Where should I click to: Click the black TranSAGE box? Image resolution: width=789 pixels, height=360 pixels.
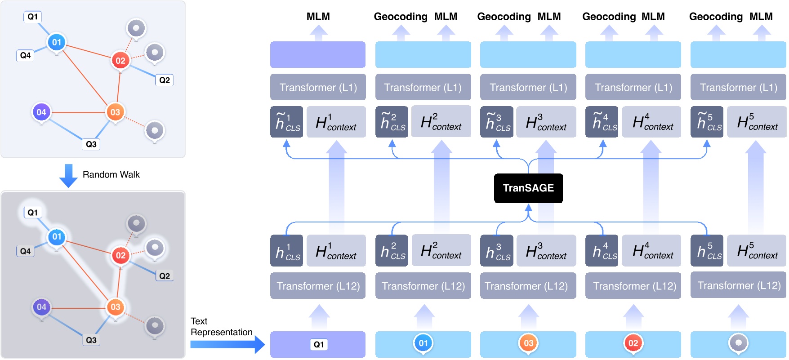528,188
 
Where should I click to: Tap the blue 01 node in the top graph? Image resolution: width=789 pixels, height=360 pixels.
56,42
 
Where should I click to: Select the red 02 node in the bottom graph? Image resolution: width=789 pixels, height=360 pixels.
120,255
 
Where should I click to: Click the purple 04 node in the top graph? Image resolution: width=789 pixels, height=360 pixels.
41,112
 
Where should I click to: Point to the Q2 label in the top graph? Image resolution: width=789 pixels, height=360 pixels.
165,80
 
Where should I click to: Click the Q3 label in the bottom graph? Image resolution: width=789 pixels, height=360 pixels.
91,340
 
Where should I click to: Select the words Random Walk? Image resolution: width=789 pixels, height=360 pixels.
111,174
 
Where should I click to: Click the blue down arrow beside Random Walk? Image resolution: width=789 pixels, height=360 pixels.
68,175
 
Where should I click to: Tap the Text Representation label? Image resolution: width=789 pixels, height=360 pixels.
221,327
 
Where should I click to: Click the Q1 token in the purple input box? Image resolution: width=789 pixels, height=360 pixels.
318,344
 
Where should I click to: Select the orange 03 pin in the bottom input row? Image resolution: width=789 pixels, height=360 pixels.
528,343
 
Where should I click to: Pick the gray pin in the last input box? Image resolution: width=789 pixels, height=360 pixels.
738,343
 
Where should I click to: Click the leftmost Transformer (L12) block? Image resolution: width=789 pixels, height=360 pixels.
318,286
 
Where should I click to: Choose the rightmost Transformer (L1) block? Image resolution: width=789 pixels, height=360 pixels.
738,87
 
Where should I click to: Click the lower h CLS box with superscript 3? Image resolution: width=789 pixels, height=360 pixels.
497,251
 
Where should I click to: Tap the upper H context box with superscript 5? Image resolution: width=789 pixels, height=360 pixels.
757,122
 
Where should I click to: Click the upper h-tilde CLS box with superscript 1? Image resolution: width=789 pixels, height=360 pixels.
286,122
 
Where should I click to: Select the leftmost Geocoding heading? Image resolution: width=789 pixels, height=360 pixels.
400,17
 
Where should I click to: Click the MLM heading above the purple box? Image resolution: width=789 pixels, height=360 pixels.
318,17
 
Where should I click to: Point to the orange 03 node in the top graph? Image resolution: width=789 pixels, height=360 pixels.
115,112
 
